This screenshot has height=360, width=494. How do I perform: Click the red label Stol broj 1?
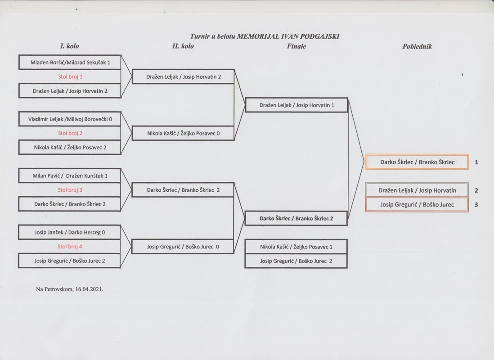(x=70, y=76)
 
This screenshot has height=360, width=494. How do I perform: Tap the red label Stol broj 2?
(x=70, y=133)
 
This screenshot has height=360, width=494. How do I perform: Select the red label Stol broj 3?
(x=70, y=190)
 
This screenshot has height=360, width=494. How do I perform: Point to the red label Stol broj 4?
(x=70, y=247)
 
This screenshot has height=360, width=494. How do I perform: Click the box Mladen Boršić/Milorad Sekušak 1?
(x=70, y=63)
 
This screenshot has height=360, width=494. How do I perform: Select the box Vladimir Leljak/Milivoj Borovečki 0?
(x=70, y=119)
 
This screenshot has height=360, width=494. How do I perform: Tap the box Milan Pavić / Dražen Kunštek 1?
(x=70, y=175)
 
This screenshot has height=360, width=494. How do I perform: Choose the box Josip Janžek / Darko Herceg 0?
(x=70, y=232)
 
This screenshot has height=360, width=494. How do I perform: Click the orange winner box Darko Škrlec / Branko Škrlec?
(x=418, y=162)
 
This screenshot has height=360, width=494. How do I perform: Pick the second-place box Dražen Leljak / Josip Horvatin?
(x=417, y=190)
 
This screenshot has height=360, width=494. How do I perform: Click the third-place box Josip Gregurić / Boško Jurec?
(x=417, y=205)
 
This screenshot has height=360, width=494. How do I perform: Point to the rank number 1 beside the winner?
(x=476, y=162)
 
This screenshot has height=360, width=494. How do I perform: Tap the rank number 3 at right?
(x=476, y=205)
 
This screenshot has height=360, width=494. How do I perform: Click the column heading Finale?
(x=296, y=46)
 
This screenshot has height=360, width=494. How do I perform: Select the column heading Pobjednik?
(x=417, y=46)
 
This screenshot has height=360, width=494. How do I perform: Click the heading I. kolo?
(x=69, y=46)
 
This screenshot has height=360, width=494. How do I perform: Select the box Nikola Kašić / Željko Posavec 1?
(x=296, y=247)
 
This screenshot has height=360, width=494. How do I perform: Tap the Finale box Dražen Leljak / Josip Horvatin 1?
(x=296, y=105)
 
